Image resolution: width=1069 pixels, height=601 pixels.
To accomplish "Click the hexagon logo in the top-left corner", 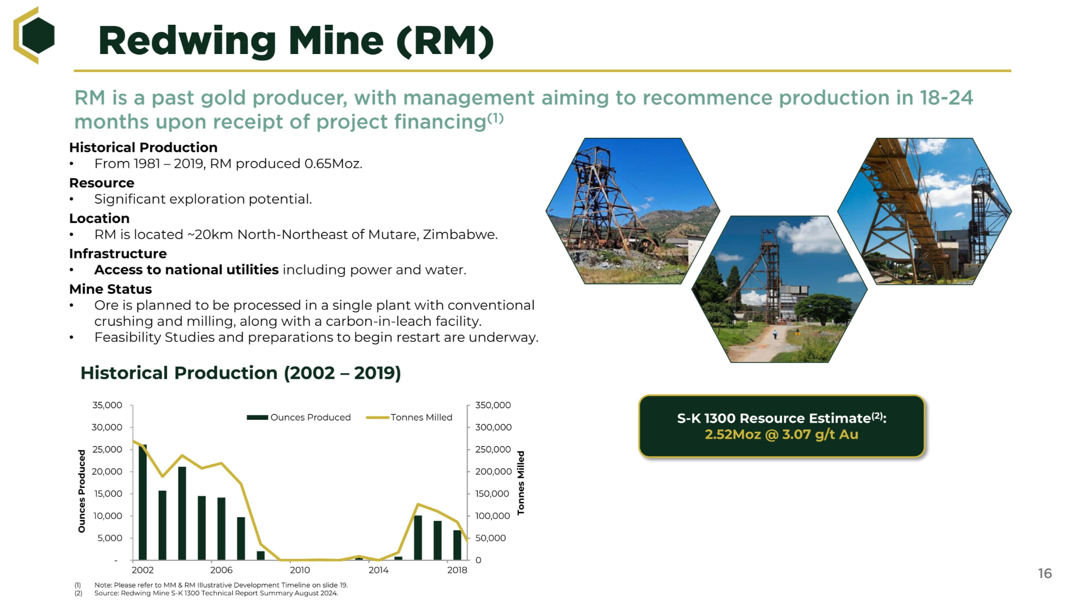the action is [34, 35].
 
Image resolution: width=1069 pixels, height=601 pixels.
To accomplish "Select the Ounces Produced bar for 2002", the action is [143, 502].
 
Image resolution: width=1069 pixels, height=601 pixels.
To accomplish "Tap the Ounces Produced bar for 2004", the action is [182, 513].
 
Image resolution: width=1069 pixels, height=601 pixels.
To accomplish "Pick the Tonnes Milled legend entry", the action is [409, 417].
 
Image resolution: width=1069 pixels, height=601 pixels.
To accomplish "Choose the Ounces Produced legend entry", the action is [299, 417].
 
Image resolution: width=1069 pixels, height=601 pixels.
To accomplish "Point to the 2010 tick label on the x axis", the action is [300, 570].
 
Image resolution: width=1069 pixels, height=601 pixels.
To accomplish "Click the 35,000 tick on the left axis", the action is [107, 405].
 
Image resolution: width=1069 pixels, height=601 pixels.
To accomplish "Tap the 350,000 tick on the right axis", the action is [493, 405].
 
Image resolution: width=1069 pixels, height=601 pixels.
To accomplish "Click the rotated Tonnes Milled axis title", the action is [521, 482].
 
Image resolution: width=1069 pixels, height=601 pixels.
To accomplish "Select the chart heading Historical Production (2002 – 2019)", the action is [241, 373].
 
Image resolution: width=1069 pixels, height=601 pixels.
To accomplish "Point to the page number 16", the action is [1045, 573].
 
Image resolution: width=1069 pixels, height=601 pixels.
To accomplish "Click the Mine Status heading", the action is [110, 289].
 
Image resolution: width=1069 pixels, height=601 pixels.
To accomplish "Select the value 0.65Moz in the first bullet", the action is [333, 164].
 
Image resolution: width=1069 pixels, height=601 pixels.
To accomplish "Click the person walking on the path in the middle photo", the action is [775, 334].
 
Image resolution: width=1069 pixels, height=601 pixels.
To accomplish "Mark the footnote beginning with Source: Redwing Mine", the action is [216, 593].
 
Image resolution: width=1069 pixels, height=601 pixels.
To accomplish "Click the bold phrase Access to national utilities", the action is [186, 270].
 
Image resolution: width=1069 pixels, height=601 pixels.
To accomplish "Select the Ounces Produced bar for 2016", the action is [418, 537].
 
